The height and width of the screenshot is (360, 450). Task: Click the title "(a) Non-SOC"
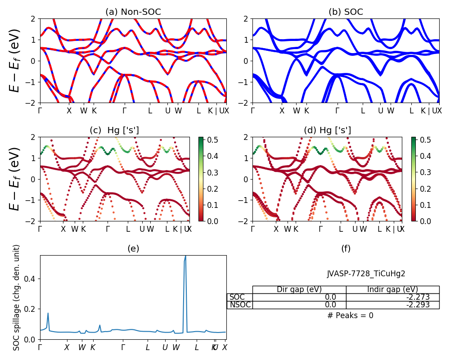pyautogui.click(x=133, y=12)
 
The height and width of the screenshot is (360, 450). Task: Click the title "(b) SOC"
pyautogui.click(x=346, y=12)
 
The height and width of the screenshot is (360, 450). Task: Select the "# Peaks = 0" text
pyautogui.click(x=350, y=315)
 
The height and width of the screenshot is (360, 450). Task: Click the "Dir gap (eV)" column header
pyautogui.click(x=299, y=289)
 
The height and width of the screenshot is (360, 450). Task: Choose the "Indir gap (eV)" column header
pyautogui.click(x=392, y=289)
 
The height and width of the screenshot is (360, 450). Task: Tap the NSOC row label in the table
pyautogui.click(x=240, y=305)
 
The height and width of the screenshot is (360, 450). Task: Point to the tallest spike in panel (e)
pyautogui.click(x=185, y=256)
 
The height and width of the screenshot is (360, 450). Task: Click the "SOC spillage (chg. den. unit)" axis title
pyautogui.click(x=17, y=297)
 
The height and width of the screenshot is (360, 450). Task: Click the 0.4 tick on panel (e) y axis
pyautogui.click(x=31, y=279)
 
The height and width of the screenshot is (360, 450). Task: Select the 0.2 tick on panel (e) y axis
pyautogui.click(x=31, y=309)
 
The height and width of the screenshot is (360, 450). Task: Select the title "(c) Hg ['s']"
pyautogui.click(x=114, y=130)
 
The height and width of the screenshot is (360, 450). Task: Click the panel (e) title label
pyautogui.click(x=133, y=248)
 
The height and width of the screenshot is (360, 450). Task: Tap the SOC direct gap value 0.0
pyautogui.click(x=330, y=297)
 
